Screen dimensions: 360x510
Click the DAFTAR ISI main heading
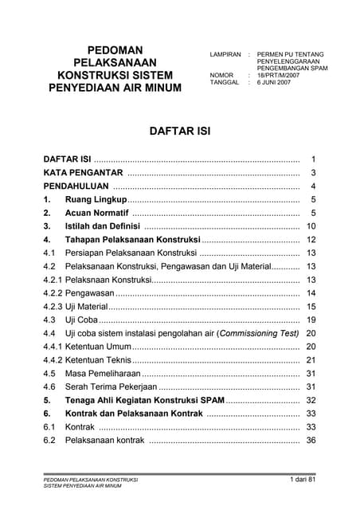point(179,128)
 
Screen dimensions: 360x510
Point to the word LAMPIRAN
point(225,53)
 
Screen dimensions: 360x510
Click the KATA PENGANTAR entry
point(82,172)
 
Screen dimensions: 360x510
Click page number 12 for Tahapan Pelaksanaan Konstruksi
point(311,240)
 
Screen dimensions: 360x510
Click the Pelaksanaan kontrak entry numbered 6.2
point(104,440)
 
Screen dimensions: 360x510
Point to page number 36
point(311,440)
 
